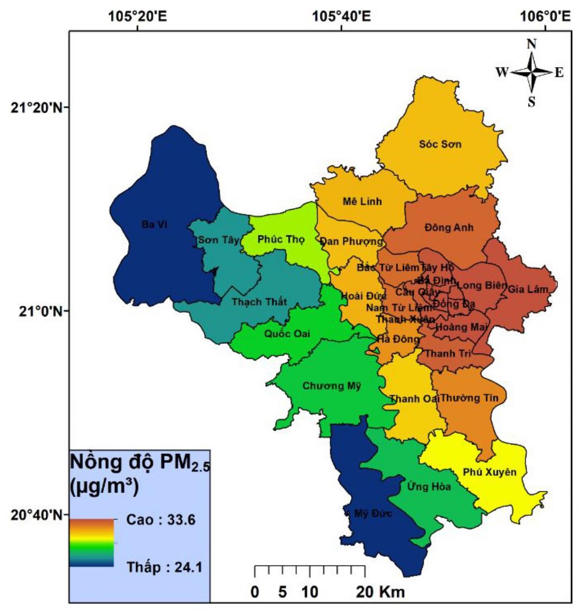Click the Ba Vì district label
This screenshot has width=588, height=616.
154,224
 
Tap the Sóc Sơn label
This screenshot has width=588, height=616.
440,144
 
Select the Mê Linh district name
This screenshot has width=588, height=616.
362,201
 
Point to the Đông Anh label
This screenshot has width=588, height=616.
449,227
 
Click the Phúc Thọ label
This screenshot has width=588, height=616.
281,239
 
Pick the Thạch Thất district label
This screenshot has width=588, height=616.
259,302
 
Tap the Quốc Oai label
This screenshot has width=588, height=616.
287,334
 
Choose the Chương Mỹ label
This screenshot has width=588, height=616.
331,386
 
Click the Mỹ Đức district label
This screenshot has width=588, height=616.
373,513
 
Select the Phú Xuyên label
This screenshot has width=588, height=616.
490,472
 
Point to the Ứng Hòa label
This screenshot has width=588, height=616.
428,487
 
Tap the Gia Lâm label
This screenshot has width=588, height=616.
528,289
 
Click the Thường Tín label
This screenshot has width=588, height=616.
469,398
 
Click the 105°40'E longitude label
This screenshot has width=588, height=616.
341,17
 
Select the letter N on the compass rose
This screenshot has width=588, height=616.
532,44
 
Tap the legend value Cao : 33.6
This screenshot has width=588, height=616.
161,520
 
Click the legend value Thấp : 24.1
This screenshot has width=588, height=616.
164,567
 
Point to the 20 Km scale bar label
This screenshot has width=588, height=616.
380,592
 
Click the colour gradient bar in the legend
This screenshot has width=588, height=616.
92,543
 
